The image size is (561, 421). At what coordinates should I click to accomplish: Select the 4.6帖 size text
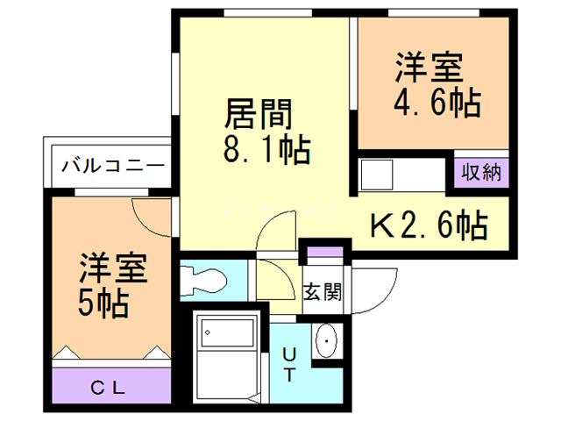[x=435, y=103]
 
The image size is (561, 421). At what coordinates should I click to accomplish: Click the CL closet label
[x=111, y=386]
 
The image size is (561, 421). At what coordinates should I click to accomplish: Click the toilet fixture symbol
[x=203, y=282]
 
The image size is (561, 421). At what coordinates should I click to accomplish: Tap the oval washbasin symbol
[x=325, y=339]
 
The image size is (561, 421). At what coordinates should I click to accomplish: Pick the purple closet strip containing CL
[x=111, y=386]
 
